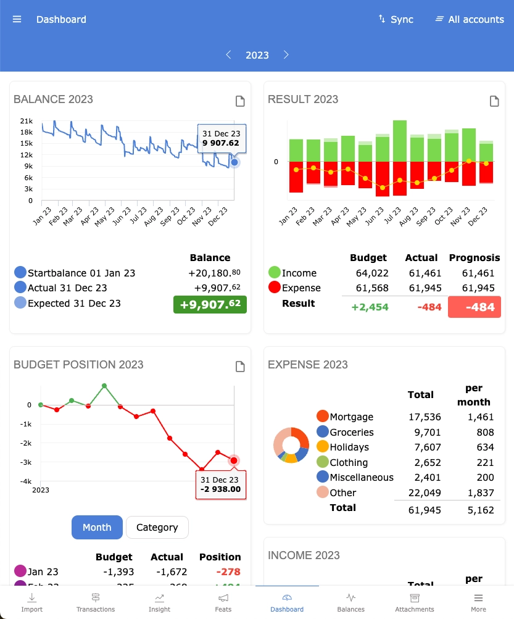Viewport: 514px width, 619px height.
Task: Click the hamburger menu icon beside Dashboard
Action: pyautogui.click(x=17, y=19)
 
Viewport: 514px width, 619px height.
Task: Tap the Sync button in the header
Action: pyautogui.click(x=396, y=19)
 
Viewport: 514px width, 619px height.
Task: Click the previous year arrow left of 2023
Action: pyautogui.click(x=228, y=55)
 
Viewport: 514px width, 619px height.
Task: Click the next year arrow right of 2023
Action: pyautogui.click(x=286, y=55)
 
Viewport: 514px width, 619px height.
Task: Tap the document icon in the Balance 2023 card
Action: pyautogui.click(x=240, y=101)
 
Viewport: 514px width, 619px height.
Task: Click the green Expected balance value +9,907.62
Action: pyautogui.click(x=210, y=305)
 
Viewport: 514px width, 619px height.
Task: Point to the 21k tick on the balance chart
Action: pyautogui.click(x=26, y=121)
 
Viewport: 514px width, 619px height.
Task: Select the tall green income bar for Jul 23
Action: pyautogui.click(x=400, y=141)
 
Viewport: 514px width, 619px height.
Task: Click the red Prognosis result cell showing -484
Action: pyautogui.click(x=474, y=307)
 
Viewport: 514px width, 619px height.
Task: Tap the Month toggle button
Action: pyautogui.click(x=97, y=527)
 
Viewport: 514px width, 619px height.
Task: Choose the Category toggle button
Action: pyautogui.click(x=157, y=527)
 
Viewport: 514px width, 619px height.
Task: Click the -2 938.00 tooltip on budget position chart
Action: pyautogui.click(x=220, y=485)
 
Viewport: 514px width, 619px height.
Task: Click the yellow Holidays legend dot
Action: pyautogui.click(x=322, y=447)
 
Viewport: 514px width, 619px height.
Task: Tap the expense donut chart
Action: pyautogui.click(x=291, y=444)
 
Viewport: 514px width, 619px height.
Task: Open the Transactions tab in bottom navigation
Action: pyautogui.click(x=96, y=602)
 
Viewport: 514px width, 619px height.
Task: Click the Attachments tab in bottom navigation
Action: pyautogui.click(x=414, y=602)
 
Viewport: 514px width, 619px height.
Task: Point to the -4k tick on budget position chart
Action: pyautogui.click(x=25, y=481)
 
